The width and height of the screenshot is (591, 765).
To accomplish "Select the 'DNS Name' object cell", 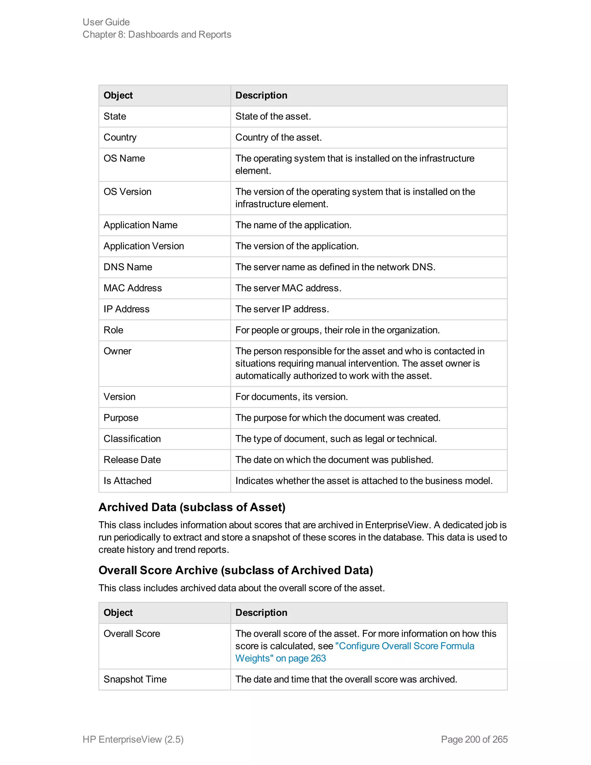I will point(128,267).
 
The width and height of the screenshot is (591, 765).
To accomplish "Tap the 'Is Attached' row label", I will point(128,481).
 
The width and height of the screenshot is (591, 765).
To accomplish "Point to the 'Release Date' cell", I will point(132,460).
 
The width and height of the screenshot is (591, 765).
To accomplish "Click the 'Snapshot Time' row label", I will point(135,679).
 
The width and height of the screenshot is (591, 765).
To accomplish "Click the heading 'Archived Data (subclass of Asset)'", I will point(192,507).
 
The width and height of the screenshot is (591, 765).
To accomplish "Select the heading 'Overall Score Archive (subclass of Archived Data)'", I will point(236,570).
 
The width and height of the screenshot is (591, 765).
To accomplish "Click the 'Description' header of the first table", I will point(261,95).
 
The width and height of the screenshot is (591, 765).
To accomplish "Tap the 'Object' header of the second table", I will point(118,613).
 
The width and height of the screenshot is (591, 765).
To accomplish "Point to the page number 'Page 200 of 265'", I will point(474,739).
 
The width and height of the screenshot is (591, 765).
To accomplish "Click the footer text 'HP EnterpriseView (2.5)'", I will point(133,739).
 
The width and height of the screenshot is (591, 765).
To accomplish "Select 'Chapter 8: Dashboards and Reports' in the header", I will point(157,34).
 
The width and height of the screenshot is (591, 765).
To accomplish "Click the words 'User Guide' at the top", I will point(106,22).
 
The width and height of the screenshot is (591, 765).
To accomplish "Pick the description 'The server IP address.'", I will point(282,309).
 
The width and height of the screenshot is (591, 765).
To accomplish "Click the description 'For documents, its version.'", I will point(291,397).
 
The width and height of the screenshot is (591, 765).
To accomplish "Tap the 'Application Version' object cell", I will point(143,246).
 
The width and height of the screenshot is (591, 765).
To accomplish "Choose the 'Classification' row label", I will point(132,439).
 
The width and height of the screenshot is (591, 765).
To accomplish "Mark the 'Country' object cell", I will point(120,137).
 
